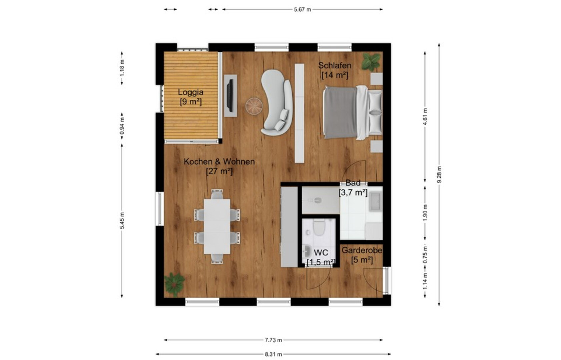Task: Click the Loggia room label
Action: tap(191, 92)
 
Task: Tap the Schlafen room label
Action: tap(335, 65)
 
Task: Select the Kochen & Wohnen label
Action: tap(219, 162)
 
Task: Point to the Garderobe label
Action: tap(362, 250)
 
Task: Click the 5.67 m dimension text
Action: tap(302, 10)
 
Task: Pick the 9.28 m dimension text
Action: tap(439, 175)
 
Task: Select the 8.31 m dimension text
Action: tap(273, 354)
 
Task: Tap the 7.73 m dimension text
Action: tap(273, 340)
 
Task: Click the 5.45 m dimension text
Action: tap(122, 221)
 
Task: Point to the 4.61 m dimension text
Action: tap(425, 117)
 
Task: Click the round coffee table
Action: tap(254, 106)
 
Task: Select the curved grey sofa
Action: tap(276, 102)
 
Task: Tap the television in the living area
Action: tap(230, 95)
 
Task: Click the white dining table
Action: tap(217, 226)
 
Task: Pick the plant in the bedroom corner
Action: tap(371, 61)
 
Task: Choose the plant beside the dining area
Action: tap(175, 284)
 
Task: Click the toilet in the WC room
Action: tap(319, 227)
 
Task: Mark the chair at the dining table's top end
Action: tap(217, 194)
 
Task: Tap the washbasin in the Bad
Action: tap(375, 202)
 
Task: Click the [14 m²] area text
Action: tap(335, 75)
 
